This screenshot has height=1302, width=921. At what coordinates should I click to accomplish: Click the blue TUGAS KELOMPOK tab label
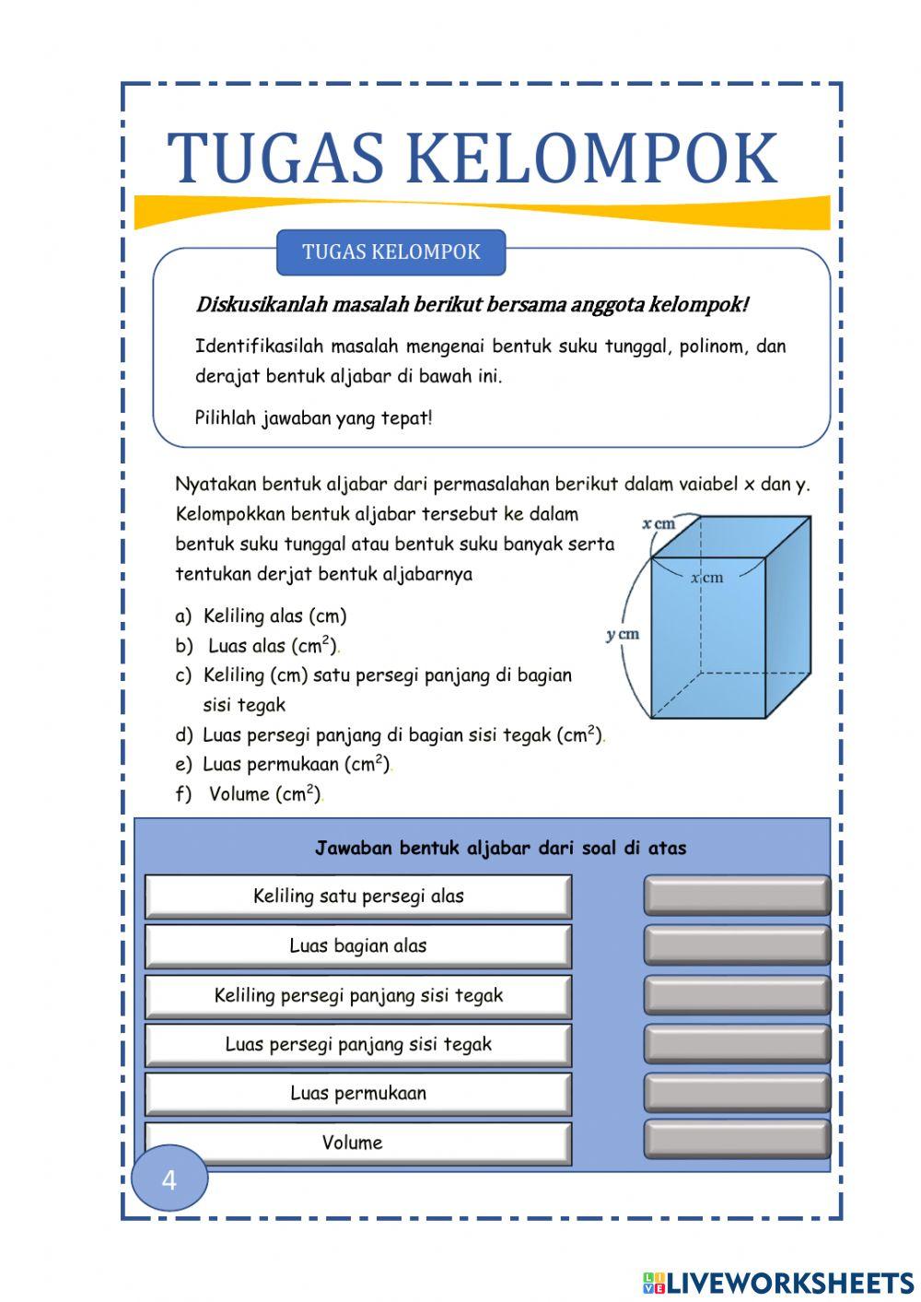pos(391,252)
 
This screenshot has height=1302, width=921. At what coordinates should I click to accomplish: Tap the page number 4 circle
pos(169,1179)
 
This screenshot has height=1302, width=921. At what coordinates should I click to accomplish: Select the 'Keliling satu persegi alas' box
pos(358,896)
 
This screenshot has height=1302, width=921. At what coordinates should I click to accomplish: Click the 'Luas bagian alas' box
pos(358,945)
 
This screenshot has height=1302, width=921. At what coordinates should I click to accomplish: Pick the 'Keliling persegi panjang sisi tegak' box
pos(358,995)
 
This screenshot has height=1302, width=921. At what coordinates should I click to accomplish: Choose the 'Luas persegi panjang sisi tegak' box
pos(358,1044)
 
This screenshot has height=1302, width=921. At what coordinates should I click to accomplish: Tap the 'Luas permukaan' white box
pos(358,1093)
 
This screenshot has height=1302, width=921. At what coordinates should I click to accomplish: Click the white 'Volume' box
pos(358,1143)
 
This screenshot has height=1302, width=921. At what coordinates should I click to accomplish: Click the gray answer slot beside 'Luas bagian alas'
pos(737,945)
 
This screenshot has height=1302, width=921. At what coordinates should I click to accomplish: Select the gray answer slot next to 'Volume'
pos(737,1139)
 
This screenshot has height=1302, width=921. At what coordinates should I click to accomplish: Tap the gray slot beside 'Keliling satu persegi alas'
pos(737,896)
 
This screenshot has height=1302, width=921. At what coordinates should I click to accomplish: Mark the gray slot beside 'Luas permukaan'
pos(737,1092)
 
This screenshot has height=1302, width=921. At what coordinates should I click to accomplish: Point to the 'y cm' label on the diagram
pos(623,635)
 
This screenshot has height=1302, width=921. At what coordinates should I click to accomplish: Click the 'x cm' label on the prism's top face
pos(707,578)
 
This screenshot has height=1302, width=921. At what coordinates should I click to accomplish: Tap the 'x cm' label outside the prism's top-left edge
pos(659,524)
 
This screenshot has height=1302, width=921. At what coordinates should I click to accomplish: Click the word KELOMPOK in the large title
pos(591,158)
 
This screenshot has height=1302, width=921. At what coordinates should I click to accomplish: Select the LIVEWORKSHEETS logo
pos(778,1282)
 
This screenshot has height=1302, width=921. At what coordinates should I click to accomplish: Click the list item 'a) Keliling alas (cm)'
pos(262,616)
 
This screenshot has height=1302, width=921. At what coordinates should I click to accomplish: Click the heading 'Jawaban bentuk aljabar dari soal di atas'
pos(500,848)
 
